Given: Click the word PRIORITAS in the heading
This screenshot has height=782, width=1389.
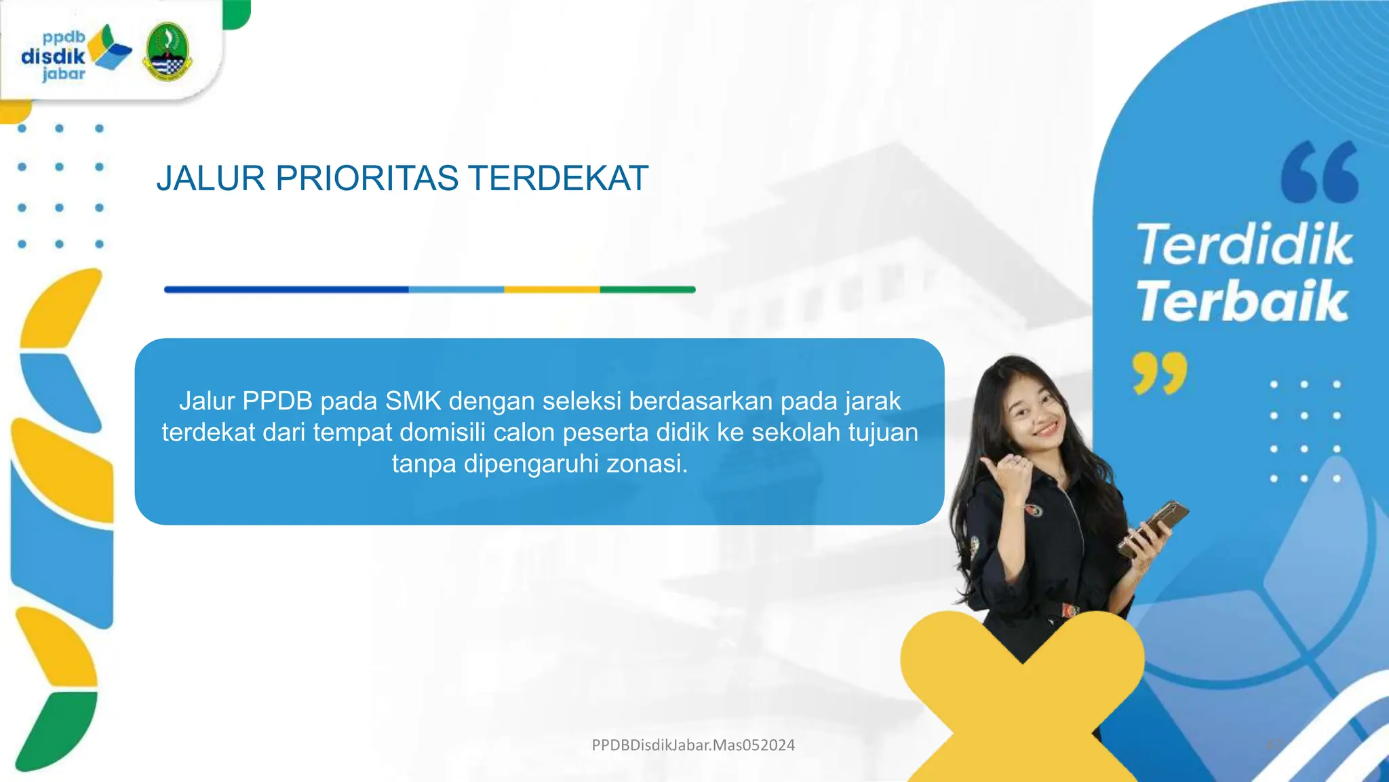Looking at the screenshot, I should [367, 179].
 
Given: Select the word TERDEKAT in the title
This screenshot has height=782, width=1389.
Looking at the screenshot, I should [558, 179].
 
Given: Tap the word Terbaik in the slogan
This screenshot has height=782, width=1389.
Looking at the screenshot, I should [1242, 301].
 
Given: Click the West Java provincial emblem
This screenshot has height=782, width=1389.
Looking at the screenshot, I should [168, 52].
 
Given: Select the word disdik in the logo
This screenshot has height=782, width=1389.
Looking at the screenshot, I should [53, 56].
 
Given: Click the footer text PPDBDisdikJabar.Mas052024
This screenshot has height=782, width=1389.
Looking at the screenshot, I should [693, 745].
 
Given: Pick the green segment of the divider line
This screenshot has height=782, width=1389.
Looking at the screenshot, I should [648, 290].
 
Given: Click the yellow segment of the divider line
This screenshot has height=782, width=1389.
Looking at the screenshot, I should [551, 290].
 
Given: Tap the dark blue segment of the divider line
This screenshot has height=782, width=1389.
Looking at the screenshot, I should [286, 290].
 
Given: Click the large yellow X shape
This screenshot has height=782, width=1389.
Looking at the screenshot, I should [1022, 699].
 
